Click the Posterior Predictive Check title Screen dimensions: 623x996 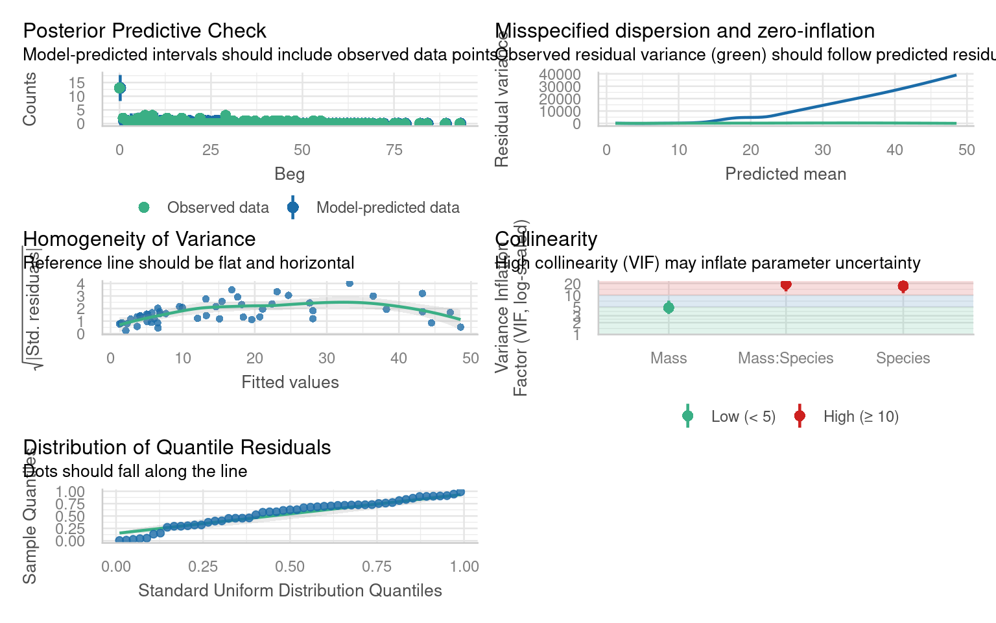(x=144, y=31)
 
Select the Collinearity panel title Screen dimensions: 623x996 (x=546, y=239)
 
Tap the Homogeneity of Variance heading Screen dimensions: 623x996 (x=139, y=239)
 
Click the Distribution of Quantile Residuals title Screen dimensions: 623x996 (x=176, y=447)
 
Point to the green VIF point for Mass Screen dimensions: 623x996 (x=669, y=308)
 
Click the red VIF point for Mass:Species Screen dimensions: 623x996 (x=786, y=285)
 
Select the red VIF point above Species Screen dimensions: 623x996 (x=903, y=286)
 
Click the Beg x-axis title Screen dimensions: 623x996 (x=289, y=174)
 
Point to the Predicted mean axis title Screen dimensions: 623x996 (x=785, y=174)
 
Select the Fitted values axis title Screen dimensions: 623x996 (x=290, y=382)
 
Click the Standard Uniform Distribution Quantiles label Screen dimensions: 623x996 (x=290, y=591)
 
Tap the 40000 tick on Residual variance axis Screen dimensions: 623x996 (x=559, y=75)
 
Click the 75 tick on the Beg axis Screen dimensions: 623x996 (x=394, y=151)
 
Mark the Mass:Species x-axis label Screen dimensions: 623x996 (x=785, y=358)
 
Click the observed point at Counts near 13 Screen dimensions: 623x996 (x=119, y=88)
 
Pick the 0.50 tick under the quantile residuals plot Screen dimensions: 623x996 (x=290, y=567)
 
